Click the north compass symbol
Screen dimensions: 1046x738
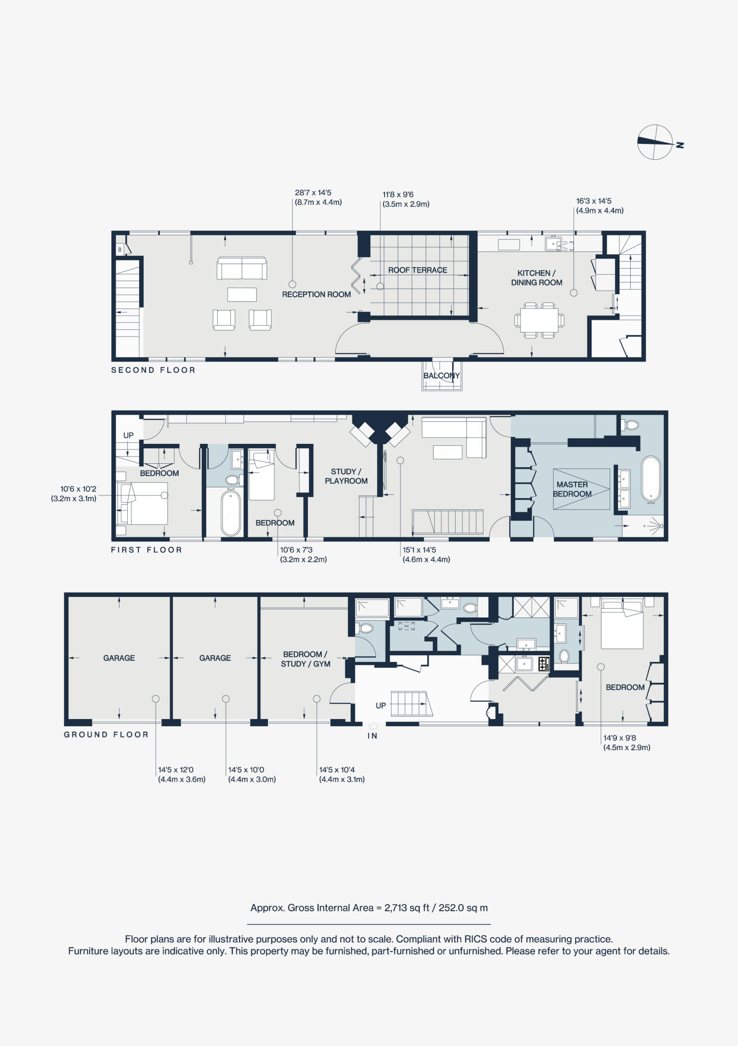coord(655,142)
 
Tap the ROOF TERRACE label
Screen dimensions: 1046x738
coord(417,270)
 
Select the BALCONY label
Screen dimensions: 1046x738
coord(442,376)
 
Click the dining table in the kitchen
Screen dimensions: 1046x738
coord(539,320)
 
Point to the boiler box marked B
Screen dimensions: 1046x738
coord(120,250)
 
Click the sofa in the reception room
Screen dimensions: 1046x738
coord(242,269)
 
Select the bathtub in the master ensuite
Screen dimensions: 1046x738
coord(651,479)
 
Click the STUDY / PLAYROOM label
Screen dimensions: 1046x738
coord(346,476)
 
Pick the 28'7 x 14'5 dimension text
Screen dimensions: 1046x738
coord(318,198)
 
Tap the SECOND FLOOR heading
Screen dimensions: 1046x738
coord(153,370)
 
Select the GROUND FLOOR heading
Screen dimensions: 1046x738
coord(106,734)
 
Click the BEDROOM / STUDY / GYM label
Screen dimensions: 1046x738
coord(305,659)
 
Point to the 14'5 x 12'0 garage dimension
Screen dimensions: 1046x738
coord(181,775)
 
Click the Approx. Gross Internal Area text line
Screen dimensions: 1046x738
coord(369,908)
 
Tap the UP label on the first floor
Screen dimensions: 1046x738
coord(128,436)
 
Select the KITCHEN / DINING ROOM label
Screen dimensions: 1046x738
coord(536,278)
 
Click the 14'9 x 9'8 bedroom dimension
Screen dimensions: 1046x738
coord(626,743)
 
